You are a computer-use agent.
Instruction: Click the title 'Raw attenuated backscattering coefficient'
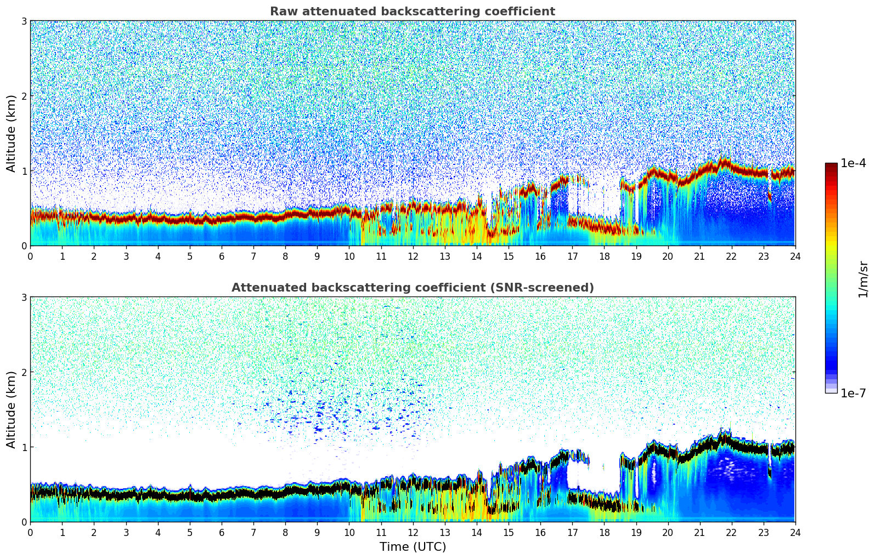[x=412, y=12]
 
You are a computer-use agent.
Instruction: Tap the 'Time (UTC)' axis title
[x=413, y=546]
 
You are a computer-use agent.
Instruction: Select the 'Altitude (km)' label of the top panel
[x=11, y=133]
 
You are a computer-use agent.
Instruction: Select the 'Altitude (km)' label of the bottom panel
[x=11, y=409]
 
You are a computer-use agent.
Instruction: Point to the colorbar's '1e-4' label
[x=853, y=163]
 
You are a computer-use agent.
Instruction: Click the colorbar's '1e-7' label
[x=853, y=393]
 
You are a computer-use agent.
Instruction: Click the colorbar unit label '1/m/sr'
[x=863, y=279]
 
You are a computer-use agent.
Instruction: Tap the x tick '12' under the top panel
[x=413, y=256]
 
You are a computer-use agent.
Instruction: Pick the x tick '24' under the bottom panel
[x=795, y=532]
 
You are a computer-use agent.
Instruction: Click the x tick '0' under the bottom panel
[x=30, y=532]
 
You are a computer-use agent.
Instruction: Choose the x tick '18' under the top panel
[x=604, y=256]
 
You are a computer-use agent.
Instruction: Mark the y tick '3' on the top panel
[x=24, y=21]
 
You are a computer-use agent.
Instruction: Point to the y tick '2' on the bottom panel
[x=24, y=372]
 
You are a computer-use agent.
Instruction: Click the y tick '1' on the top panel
[x=24, y=171]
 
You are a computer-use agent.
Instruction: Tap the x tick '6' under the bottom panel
[x=222, y=532]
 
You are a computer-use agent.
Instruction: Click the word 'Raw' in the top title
[x=281, y=12]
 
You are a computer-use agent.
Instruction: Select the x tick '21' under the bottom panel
[x=699, y=532]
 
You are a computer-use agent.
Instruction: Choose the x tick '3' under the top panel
[x=126, y=256]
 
